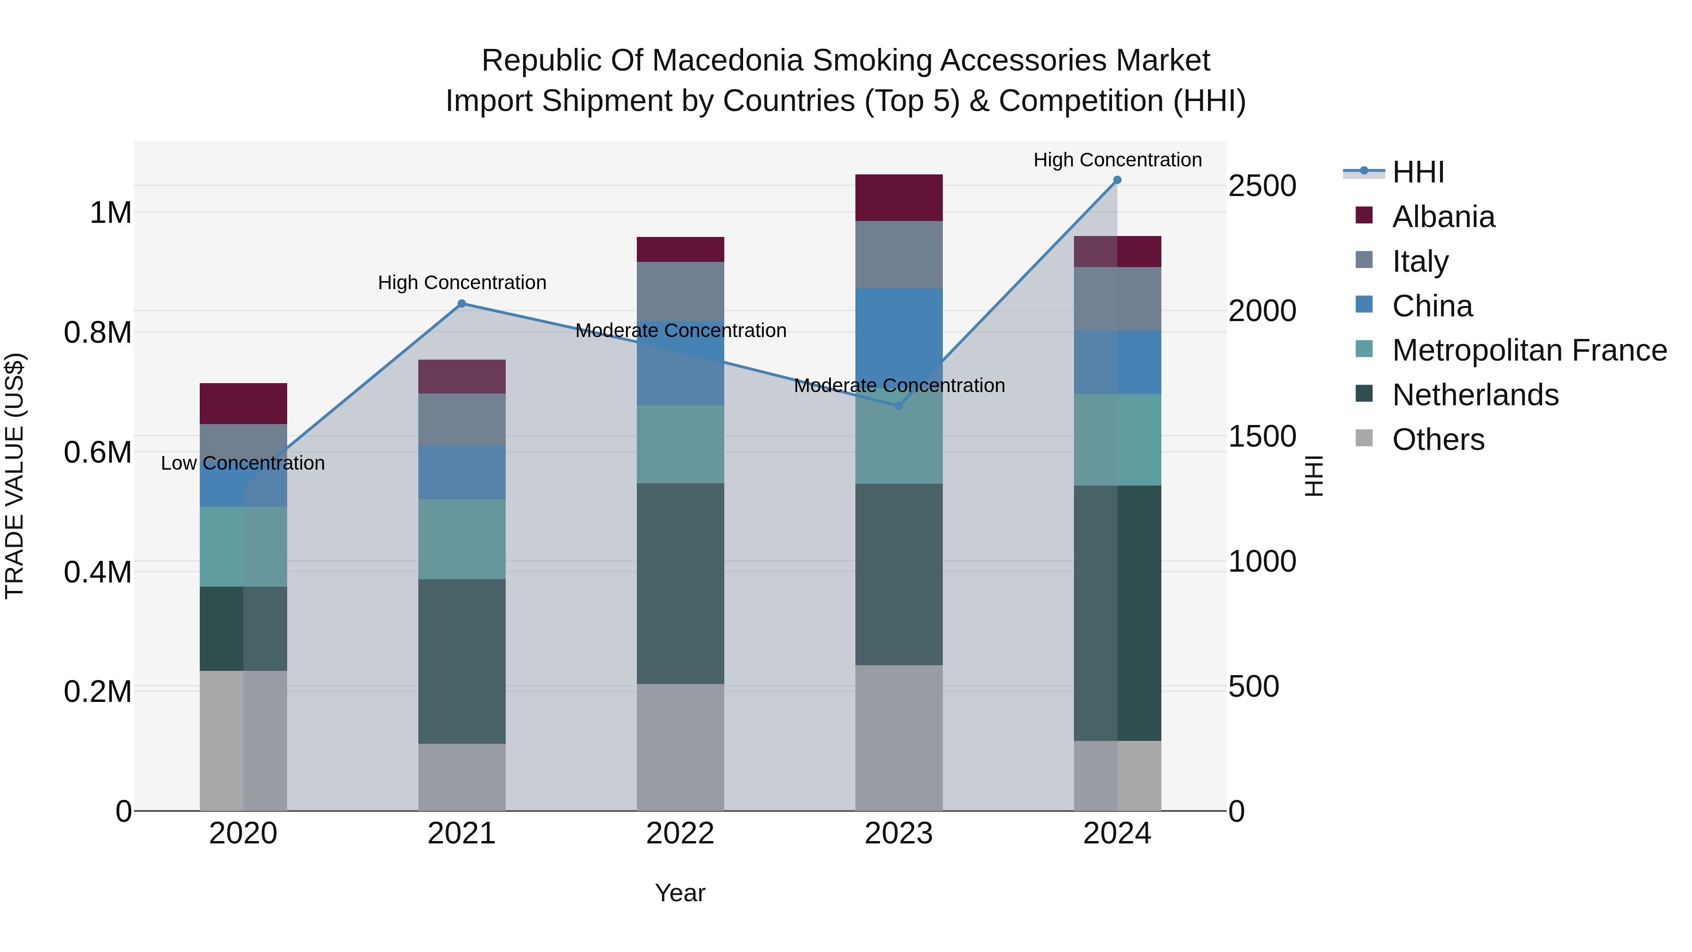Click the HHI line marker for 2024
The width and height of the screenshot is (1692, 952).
click(1117, 180)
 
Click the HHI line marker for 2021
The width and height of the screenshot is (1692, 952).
click(462, 304)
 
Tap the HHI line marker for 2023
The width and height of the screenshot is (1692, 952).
click(899, 406)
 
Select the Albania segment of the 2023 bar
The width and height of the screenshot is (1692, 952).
click(899, 198)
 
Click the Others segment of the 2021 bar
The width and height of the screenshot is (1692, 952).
click(462, 777)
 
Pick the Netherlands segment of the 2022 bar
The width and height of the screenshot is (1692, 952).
click(681, 583)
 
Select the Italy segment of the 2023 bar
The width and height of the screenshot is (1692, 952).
click(899, 254)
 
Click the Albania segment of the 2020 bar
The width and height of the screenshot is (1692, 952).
click(243, 403)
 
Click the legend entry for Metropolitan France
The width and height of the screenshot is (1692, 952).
click(1529, 350)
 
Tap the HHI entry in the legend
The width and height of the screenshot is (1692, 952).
click(1418, 172)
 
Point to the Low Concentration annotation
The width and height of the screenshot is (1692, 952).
click(243, 463)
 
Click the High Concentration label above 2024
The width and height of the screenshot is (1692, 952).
click(1117, 160)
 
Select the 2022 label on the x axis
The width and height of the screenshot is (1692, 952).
click(681, 834)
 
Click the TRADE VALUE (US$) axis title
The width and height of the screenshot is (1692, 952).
click(15, 476)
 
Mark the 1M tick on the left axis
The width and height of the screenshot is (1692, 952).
click(110, 213)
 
